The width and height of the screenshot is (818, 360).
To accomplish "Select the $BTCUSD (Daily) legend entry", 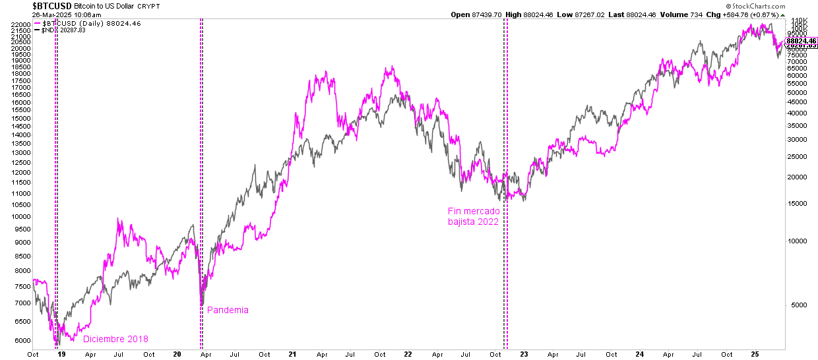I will [77, 23].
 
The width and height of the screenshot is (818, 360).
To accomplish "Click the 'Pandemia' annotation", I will [228, 310].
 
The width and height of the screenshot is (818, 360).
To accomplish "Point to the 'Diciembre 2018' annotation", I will [115, 339].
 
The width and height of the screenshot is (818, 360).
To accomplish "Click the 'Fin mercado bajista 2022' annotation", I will [474, 216].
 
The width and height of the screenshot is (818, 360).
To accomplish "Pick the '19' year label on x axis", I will [61, 354].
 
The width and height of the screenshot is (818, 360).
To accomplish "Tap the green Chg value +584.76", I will [758, 15].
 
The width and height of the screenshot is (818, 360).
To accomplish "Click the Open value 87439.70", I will [488, 15].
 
